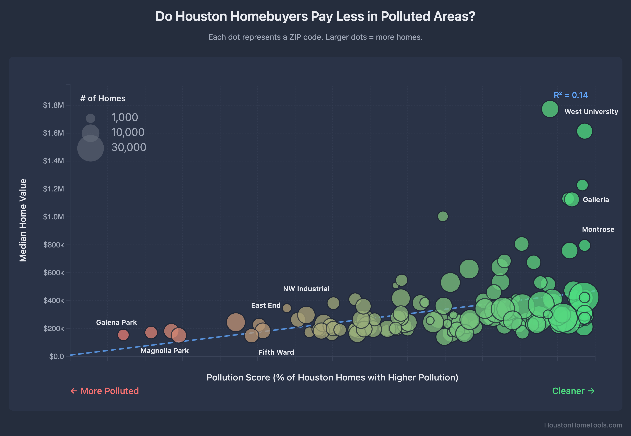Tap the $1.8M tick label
[x=53, y=105]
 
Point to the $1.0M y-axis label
[x=53, y=217]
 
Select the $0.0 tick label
[x=56, y=356]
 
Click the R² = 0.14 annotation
[x=571, y=95]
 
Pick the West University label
[x=591, y=112]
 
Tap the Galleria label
[x=596, y=200]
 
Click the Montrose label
[x=598, y=230]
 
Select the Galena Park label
[x=116, y=322]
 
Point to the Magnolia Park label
[x=164, y=351]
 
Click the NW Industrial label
[x=306, y=289]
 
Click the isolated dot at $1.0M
[x=443, y=216]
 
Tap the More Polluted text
[x=105, y=391]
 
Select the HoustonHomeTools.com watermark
[x=583, y=425]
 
